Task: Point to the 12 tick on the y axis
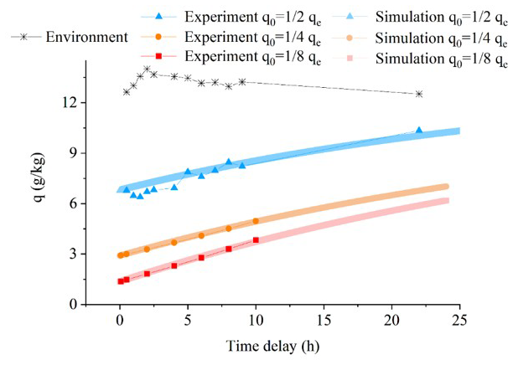[x=71, y=102]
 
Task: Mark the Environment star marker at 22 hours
[x=419, y=94]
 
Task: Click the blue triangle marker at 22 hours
[x=419, y=131]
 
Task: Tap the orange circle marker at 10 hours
[x=256, y=221]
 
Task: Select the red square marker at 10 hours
[x=256, y=240]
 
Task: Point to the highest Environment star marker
[x=147, y=69]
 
